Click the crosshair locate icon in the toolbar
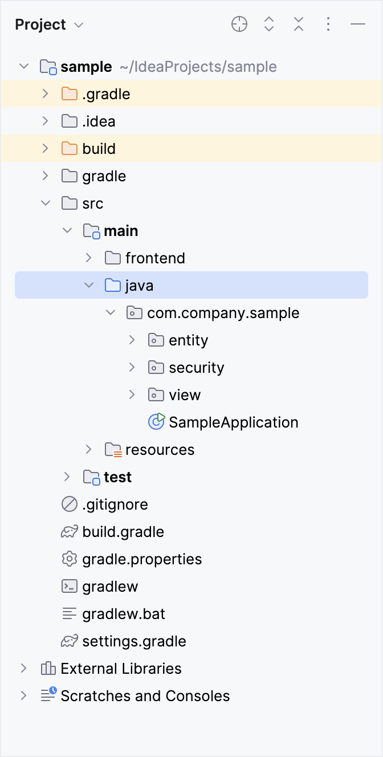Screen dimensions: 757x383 click(x=239, y=24)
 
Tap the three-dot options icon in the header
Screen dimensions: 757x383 click(x=328, y=24)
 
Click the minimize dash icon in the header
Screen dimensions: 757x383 click(x=358, y=24)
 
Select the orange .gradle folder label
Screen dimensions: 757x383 click(x=106, y=94)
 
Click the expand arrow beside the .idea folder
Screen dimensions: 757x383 click(x=46, y=121)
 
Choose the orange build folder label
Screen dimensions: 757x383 click(x=99, y=149)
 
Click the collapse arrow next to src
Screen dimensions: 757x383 click(x=46, y=204)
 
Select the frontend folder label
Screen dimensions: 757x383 click(x=155, y=258)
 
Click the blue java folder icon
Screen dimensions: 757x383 click(x=113, y=285)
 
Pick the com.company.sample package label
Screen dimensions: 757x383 click(x=223, y=313)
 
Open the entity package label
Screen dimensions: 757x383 click(x=188, y=340)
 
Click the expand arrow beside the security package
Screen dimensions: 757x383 click(x=132, y=368)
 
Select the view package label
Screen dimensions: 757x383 click(x=185, y=395)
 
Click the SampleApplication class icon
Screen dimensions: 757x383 click(x=156, y=422)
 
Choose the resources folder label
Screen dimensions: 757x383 click(x=160, y=450)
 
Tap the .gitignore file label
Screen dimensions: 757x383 click(x=115, y=504)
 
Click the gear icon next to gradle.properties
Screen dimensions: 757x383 click(x=69, y=559)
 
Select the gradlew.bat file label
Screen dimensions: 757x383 click(x=124, y=614)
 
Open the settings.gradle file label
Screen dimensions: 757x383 click(x=134, y=641)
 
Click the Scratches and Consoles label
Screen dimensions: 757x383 click(x=145, y=696)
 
